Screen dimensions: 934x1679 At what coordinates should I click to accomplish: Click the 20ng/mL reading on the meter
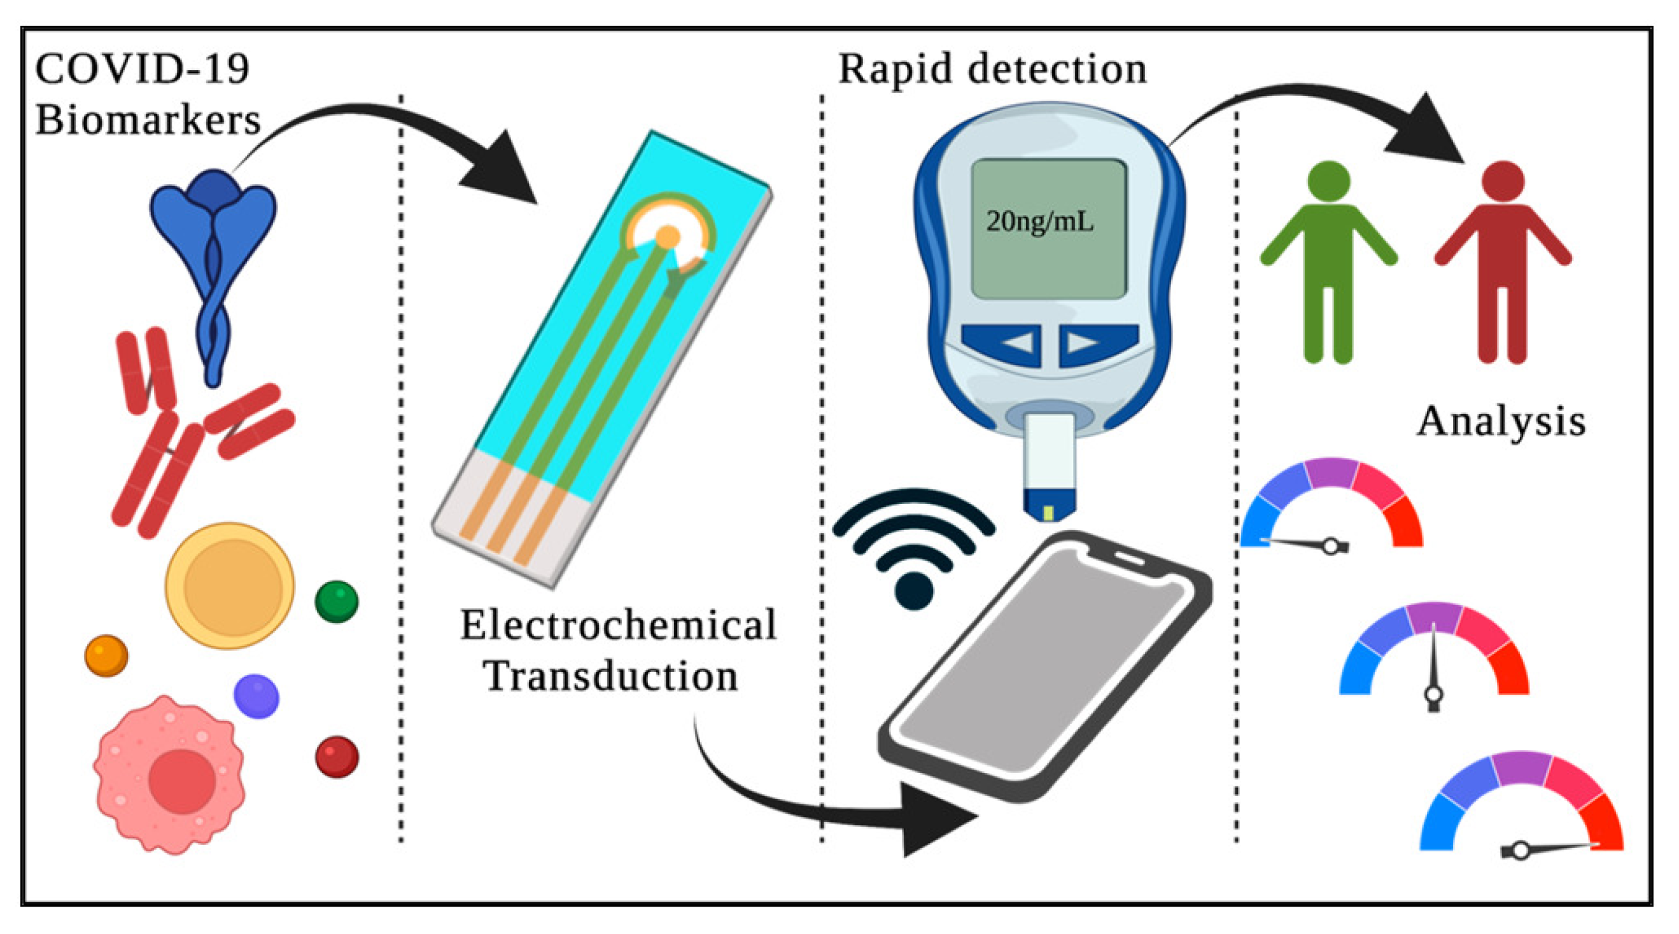click(1039, 221)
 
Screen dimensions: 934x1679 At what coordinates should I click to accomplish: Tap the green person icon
click(1328, 261)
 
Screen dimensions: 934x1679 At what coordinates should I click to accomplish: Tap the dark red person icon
click(1502, 261)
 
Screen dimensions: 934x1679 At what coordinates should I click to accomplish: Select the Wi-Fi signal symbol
click(914, 554)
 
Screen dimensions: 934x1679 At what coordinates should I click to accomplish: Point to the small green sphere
click(336, 601)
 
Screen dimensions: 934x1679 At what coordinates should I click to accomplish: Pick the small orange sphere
click(106, 655)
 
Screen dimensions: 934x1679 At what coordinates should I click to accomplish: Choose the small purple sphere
click(256, 696)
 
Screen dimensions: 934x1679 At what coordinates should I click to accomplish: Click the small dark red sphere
click(336, 756)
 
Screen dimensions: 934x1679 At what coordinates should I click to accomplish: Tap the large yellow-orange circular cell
click(229, 585)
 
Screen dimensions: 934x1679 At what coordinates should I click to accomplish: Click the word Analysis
click(1501, 422)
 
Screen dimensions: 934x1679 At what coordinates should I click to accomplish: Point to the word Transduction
click(611, 676)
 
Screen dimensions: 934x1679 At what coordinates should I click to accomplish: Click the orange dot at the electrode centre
click(668, 237)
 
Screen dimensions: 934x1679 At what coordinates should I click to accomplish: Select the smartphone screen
click(1043, 665)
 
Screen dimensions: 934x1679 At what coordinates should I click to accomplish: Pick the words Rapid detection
click(992, 69)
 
